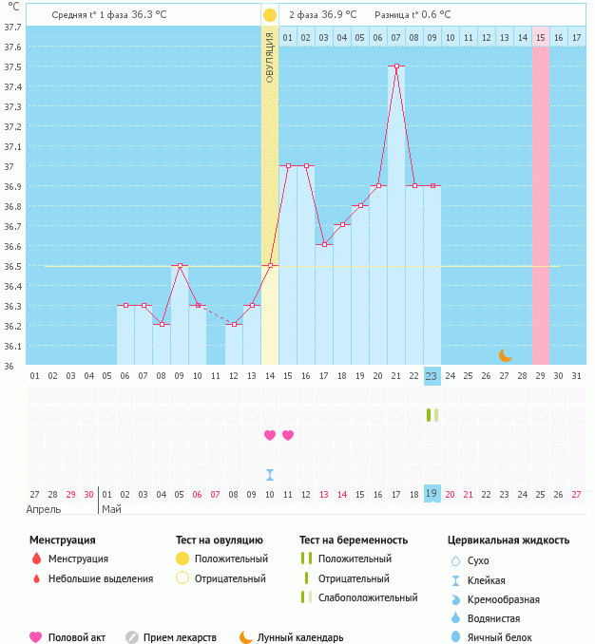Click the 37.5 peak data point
coord(396,66)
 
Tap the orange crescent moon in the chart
coord(506,355)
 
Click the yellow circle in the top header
coord(270,15)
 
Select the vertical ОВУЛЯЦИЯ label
coord(270,57)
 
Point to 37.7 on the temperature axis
coord(13,28)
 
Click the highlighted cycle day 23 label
coord(432,376)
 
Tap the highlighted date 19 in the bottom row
coord(432,494)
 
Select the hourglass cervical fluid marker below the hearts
coord(270,474)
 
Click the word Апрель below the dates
coord(44,509)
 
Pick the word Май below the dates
coord(111,509)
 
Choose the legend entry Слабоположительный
coord(368,597)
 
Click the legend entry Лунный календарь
coord(300,637)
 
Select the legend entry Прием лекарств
coord(180,637)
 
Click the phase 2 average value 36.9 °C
coord(339,15)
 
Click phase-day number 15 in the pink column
coord(540,37)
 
